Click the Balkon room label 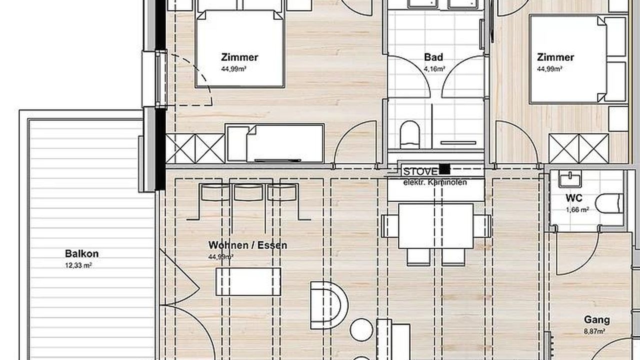coord(81,253)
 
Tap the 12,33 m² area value coord(78,265)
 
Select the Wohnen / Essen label coord(247,245)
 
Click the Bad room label coord(433,57)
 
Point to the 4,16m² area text coord(434,69)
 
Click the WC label coord(574,198)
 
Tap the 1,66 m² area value coord(577,209)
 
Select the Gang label coord(597,319)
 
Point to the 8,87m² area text coord(595,331)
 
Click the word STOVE coord(420,171)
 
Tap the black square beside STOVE coord(444,169)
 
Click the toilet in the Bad coord(410,134)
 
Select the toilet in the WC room coord(609,203)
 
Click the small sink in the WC coord(570,178)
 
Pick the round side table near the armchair coord(361,329)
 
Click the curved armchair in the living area coord(329,305)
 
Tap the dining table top coord(436,226)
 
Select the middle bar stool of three coord(248,192)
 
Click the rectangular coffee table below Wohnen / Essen coord(248,281)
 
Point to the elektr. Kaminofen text coord(435,182)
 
